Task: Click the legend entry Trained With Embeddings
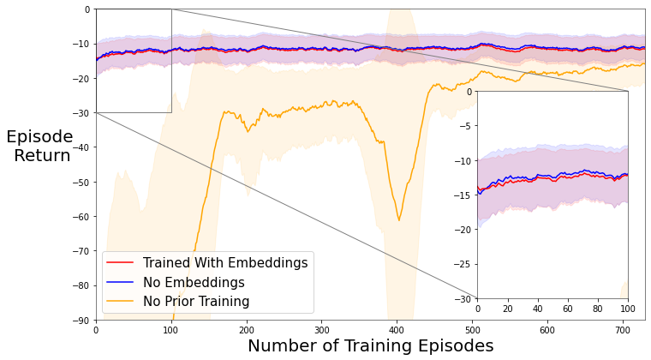(224, 263)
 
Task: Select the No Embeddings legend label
(194, 282)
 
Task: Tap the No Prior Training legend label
(196, 302)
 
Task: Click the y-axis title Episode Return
(39, 147)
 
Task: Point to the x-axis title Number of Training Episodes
(370, 346)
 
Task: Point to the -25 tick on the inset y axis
(463, 264)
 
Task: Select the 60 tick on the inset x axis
(568, 308)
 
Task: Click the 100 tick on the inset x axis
(628, 308)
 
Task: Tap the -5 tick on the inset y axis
(466, 125)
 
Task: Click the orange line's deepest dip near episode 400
(398, 220)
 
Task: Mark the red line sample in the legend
(120, 263)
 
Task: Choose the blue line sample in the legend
(120, 282)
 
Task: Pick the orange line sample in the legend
(120, 302)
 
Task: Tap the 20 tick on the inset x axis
(508, 308)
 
